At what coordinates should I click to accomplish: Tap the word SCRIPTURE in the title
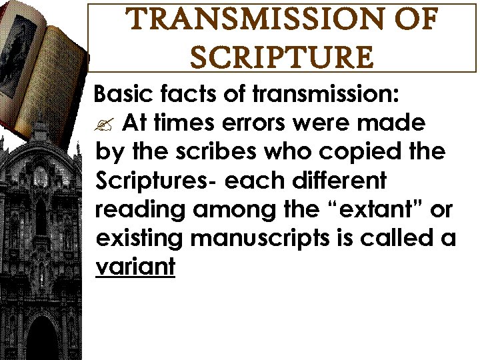pos(281,58)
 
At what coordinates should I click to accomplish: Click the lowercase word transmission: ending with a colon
pos(326,95)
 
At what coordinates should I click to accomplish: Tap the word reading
pos(139,209)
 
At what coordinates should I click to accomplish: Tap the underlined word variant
pos(135,267)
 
